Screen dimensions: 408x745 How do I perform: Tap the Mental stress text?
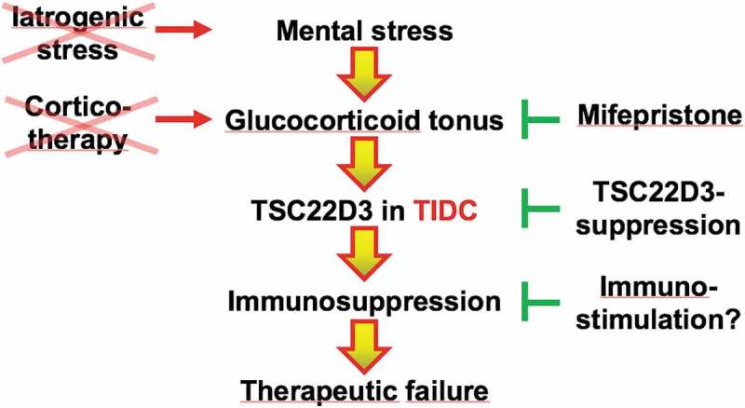coord(365,32)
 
